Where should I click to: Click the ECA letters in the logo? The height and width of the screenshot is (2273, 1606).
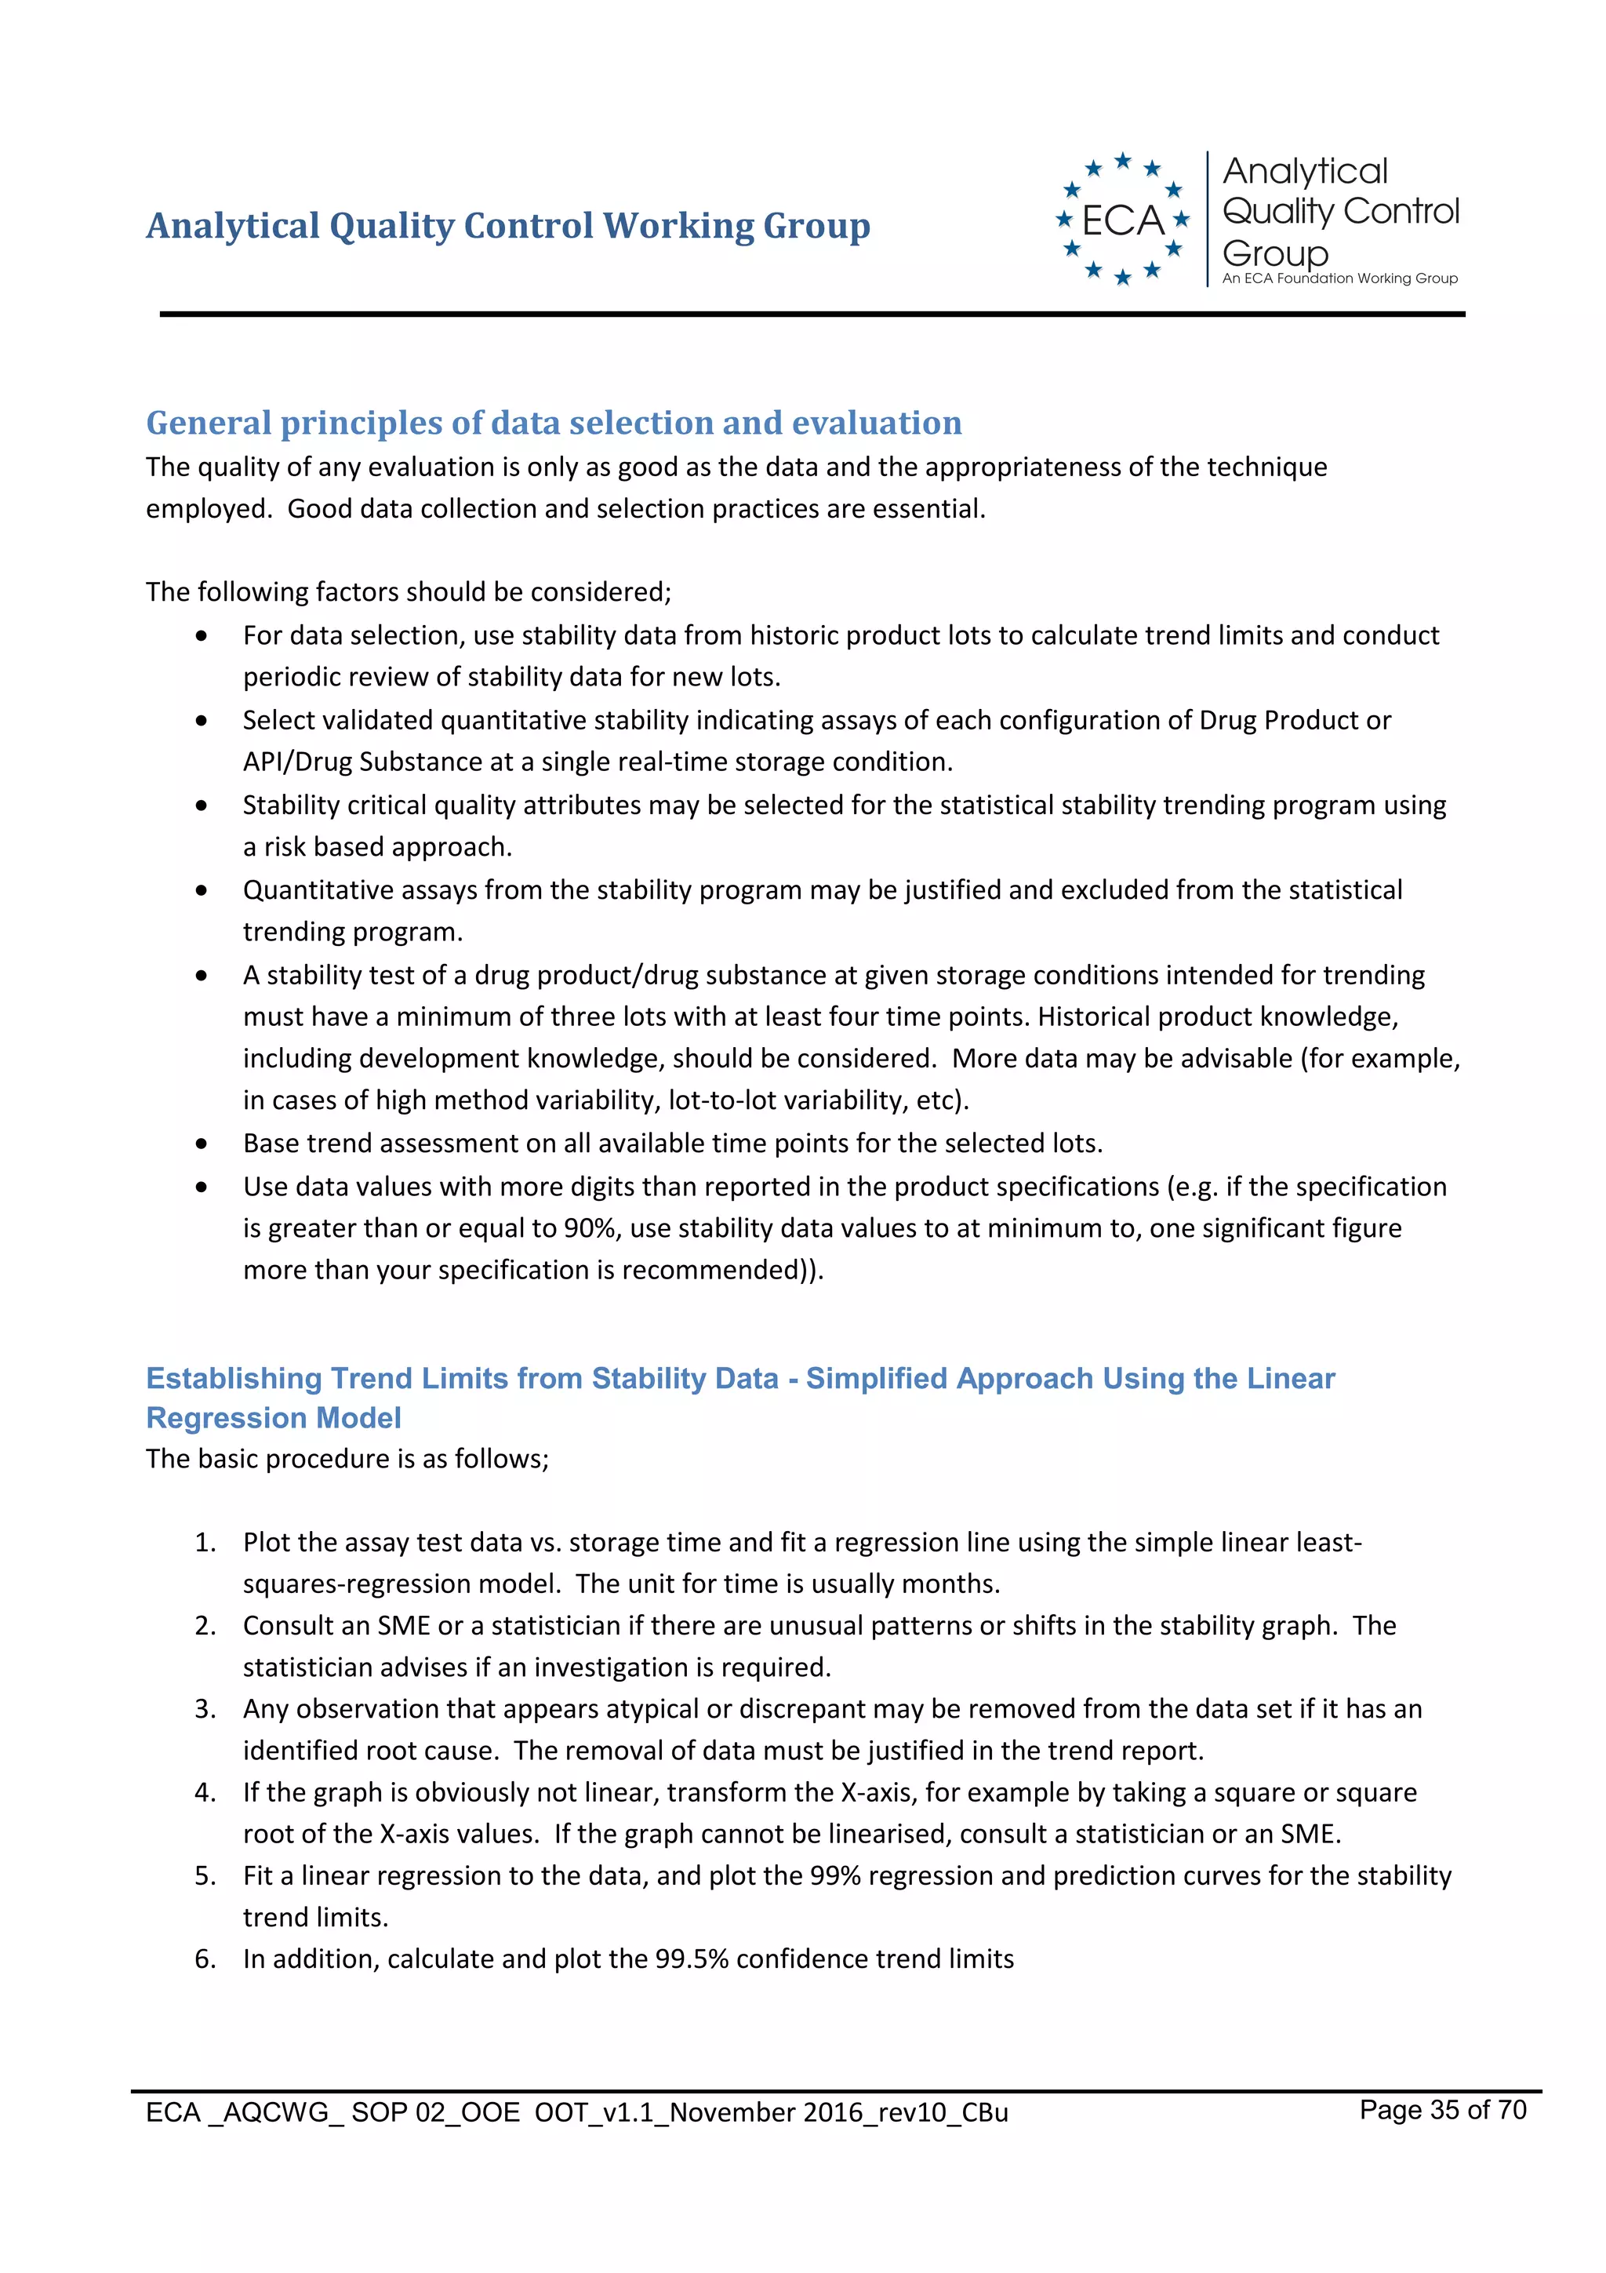(1122, 220)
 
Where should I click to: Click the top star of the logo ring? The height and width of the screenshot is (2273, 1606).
(1122, 160)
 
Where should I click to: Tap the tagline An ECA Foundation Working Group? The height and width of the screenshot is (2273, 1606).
(1339, 279)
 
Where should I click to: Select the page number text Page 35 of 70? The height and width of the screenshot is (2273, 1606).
(1442, 2110)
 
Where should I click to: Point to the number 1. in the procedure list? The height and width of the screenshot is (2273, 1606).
(205, 1542)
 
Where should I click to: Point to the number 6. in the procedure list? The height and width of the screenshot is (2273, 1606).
(205, 1958)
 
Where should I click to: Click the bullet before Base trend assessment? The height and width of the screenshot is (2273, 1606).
(202, 1144)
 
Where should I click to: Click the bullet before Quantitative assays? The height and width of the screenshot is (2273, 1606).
(202, 890)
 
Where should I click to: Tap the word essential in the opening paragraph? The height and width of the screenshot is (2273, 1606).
(929, 509)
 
